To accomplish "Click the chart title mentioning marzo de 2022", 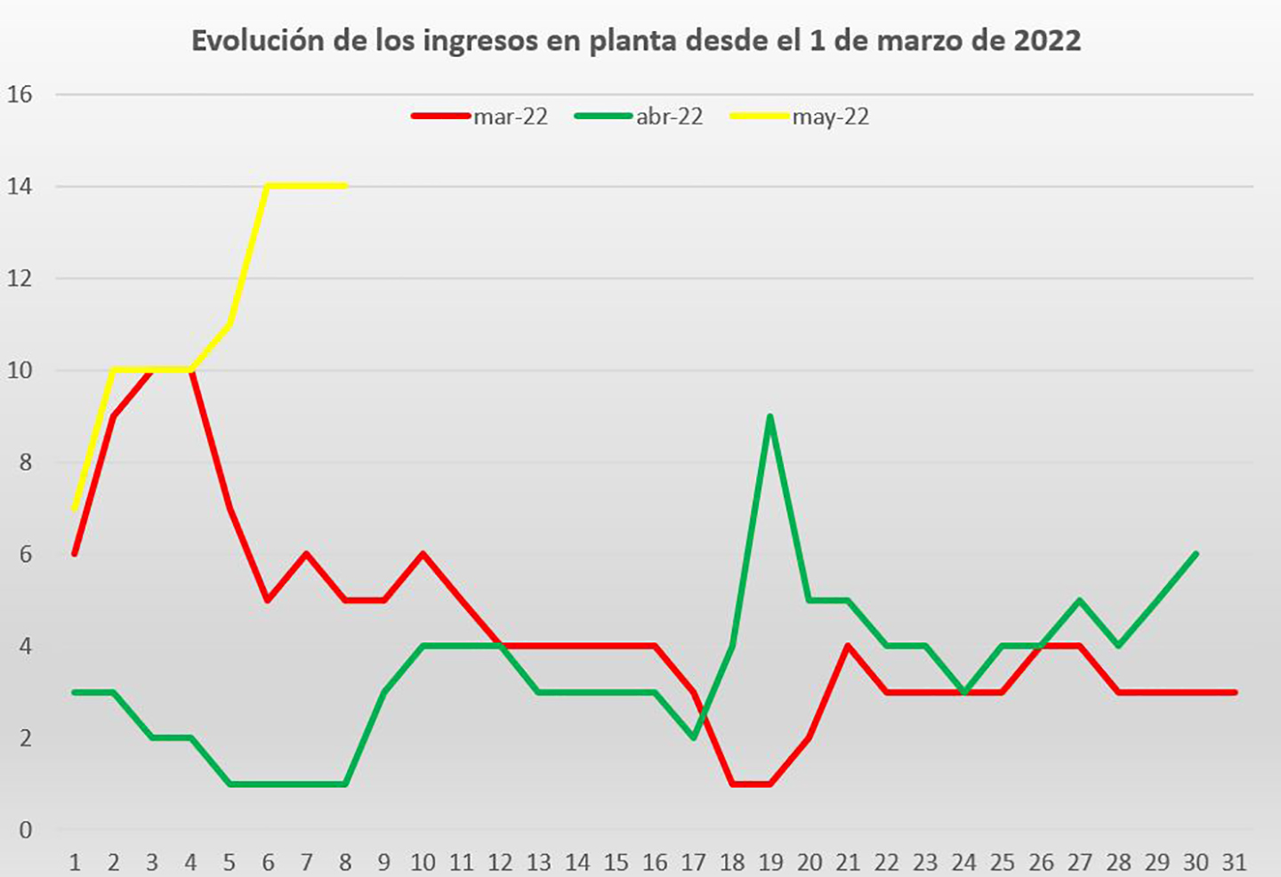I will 636,41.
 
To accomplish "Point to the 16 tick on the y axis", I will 20,94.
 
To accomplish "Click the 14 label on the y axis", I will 20,187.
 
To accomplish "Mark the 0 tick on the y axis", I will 25,830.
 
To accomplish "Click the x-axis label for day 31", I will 1234,862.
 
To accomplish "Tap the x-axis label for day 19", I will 770,862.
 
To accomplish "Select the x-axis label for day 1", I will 75,862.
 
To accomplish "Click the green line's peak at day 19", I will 769,416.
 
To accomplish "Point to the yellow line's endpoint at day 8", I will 345,186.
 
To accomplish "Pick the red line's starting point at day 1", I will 75,554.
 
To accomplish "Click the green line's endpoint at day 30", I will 1196,554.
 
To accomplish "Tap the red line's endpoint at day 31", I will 1235,692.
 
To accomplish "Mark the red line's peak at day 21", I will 848,646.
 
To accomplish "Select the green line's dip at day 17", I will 693,737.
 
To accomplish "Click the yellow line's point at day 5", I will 230,324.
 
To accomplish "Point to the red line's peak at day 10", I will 423,554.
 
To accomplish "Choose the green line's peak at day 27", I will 1079,600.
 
